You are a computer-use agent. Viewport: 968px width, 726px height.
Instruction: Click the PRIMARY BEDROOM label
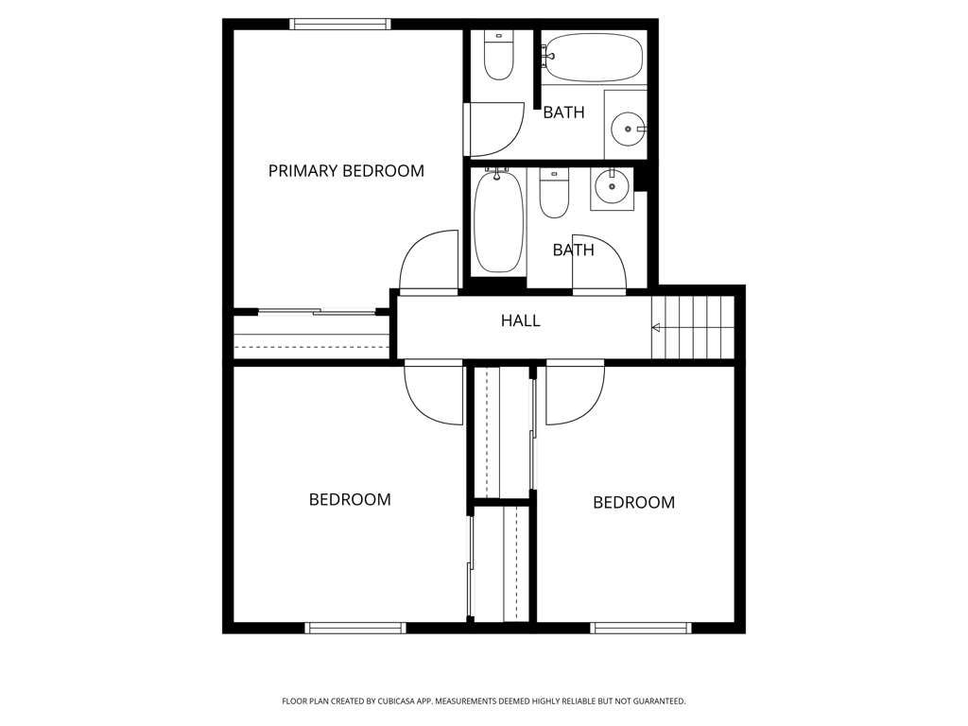tap(346, 171)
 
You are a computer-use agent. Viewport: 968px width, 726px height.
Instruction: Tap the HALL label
tap(521, 320)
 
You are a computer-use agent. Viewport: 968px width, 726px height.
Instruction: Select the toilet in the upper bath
tap(498, 56)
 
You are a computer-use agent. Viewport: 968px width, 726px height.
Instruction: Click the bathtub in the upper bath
tap(594, 58)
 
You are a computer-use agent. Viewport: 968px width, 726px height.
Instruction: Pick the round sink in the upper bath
tap(628, 129)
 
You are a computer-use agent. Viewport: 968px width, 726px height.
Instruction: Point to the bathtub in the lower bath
tap(499, 221)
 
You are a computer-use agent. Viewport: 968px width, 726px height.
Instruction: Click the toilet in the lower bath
tap(554, 193)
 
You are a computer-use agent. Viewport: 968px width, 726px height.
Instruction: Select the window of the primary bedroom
tap(340, 24)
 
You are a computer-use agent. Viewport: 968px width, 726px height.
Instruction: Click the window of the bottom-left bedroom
tap(355, 628)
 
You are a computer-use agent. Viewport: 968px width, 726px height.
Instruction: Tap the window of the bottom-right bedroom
tap(642, 628)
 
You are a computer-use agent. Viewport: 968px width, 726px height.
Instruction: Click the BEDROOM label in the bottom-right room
tap(634, 503)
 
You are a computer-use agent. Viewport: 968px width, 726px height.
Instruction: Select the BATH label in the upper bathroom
tap(563, 113)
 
